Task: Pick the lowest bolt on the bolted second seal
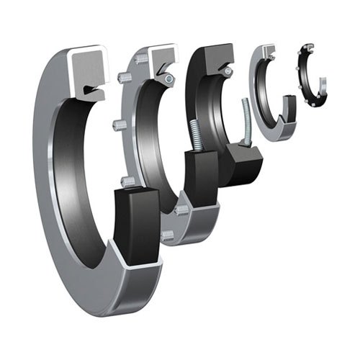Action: tap(167, 235)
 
